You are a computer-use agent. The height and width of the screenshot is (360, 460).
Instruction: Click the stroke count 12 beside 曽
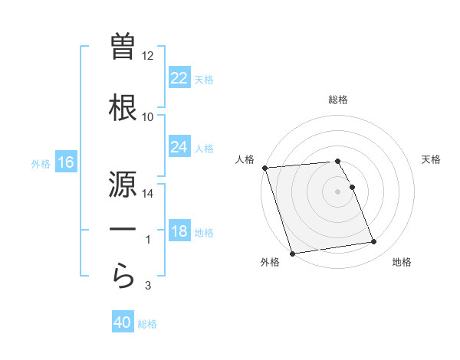147,56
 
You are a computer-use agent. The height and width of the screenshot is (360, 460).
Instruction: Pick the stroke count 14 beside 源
147,194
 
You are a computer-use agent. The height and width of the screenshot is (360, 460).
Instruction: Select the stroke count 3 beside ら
148,286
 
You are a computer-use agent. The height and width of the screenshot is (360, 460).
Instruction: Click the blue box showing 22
179,79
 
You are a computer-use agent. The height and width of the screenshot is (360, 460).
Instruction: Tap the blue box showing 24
179,147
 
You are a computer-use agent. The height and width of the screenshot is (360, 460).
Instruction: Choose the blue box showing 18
179,232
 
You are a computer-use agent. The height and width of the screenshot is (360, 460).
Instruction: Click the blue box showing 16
65,162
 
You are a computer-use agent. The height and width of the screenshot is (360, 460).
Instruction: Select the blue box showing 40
123,323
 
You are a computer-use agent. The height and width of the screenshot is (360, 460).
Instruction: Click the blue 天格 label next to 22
203,80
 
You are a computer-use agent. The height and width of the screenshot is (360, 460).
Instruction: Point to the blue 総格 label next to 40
147,324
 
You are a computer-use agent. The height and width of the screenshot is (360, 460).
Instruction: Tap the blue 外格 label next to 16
40,163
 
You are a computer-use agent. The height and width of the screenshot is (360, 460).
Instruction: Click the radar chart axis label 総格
338,100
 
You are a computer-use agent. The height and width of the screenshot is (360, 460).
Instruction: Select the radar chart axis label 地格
402,262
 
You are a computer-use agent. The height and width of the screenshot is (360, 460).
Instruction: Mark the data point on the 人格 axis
264,168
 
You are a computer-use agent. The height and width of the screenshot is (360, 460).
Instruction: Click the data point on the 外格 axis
292,253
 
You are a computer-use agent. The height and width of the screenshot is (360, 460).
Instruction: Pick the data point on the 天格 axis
352,187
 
